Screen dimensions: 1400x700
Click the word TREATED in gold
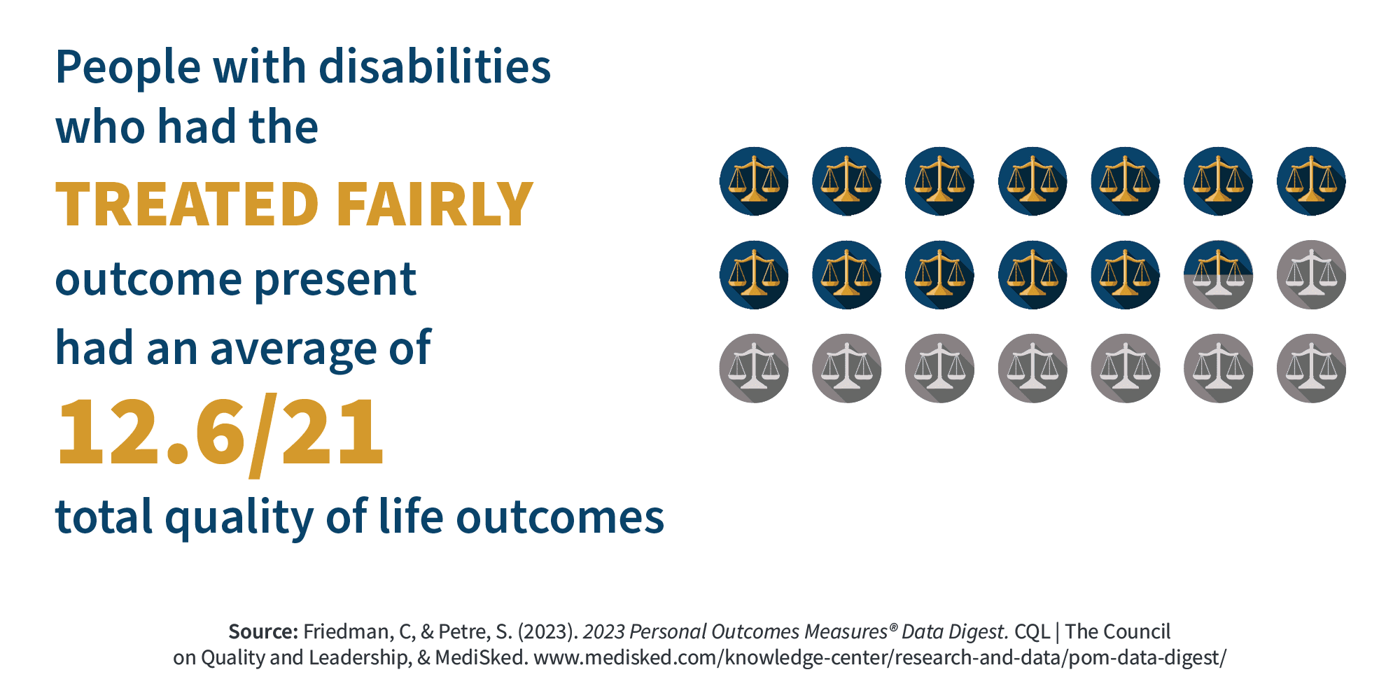[x=187, y=204]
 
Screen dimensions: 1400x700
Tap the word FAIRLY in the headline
[x=435, y=204]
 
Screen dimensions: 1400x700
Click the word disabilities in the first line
[x=435, y=67]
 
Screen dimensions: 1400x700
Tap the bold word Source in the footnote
[x=263, y=632]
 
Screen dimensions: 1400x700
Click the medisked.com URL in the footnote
[x=880, y=658]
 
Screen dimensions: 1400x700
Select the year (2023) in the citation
[x=547, y=632]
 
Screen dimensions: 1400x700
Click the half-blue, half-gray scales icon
[x=1218, y=275]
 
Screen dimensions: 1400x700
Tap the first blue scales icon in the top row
[x=754, y=181]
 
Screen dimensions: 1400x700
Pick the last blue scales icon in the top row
[x=1311, y=181]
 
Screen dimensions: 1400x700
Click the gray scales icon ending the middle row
[x=1311, y=275]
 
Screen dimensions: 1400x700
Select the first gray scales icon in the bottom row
[x=754, y=368]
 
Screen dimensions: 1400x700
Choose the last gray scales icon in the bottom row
[x=1311, y=368]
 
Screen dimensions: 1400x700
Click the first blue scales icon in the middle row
[x=754, y=275]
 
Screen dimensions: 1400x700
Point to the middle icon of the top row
[x=1032, y=181]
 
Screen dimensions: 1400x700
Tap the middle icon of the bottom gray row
[x=1032, y=368]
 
